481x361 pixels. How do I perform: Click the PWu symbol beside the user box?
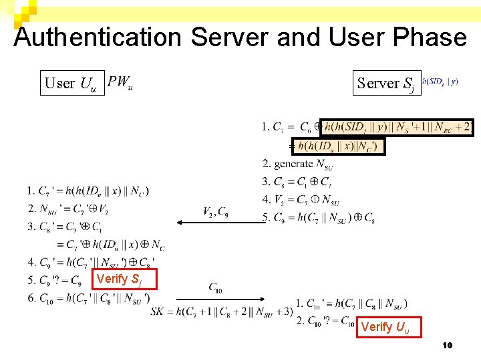pyautogui.click(x=120, y=82)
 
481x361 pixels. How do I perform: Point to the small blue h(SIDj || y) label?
pyautogui.click(x=440, y=82)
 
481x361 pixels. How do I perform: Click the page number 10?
pyautogui.click(x=448, y=346)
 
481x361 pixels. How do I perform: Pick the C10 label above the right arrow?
pyautogui.click(x=216, y=288)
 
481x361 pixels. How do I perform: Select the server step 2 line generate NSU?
pyautogui.click(x=297, y=164)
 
